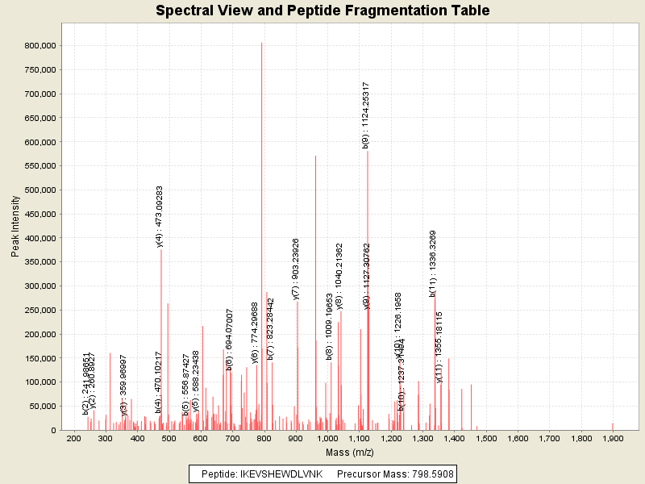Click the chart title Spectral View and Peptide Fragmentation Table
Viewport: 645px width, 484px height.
pyautogui.click(x=322, y=11)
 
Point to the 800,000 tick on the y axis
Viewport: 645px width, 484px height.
pyautogui.click(x=36, y=46)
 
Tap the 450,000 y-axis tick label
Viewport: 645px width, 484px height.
pyautogui.click(x=36, y=215)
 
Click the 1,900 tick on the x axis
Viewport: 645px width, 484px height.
pyautogui.click(x=613, y=438)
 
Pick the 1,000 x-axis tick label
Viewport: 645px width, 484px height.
pyautogui.click(x=327, y=438)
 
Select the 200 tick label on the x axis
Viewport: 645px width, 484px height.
pyautogui.click(x=74, y=438)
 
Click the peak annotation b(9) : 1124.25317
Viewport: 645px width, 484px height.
pyautogui.click(x=365, y=115)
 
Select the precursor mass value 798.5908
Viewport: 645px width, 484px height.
pyautogui.click(x=431, y=474)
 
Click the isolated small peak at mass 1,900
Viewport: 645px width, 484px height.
pyautogui.click(x=613, y=426)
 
